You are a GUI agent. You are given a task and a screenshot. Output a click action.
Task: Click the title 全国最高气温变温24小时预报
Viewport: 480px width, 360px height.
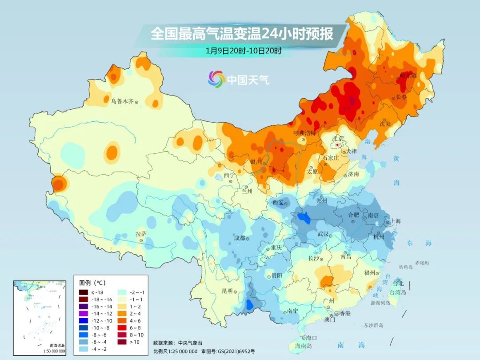[242, 34]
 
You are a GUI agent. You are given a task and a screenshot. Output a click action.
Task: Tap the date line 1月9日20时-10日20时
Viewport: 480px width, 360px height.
[244, 51]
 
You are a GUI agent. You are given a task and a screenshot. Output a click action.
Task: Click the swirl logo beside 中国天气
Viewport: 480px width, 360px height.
[216, 79]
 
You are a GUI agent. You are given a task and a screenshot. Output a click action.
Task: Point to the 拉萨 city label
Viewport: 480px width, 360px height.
[141, 234]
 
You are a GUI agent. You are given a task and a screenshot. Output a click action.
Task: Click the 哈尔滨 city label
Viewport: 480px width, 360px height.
[408, 76]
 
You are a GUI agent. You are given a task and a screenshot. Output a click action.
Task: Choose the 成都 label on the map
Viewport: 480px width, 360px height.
[240, 238]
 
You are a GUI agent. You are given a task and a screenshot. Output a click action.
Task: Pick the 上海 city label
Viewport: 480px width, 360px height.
[396, 221]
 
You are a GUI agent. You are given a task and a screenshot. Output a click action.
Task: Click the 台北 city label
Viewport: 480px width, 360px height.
[398, 283]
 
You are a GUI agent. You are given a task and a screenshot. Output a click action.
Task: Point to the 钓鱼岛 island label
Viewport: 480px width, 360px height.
[406, 267]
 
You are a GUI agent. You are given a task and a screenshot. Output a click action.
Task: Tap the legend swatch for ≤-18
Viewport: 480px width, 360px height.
[84, 292]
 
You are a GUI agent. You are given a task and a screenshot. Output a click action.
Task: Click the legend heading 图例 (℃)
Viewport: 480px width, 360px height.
[92, 283]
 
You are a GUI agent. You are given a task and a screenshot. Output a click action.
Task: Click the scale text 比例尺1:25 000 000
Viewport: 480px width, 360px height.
[175, 351]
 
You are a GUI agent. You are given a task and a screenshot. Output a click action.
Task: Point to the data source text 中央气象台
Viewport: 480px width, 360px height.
[190, 343]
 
